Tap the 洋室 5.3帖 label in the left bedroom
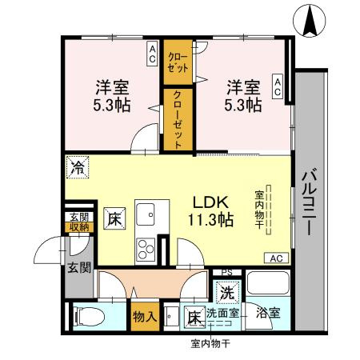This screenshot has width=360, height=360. click(x=114, y=95)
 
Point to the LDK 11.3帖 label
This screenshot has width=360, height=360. click(x=211, y=210)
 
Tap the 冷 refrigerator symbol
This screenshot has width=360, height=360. click(x=78, y=168)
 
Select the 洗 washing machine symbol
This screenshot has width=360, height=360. click(x=227, y=293)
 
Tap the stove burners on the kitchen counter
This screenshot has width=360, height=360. click(x=146, y=247)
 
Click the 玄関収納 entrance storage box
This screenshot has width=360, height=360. click(x=78, y=222)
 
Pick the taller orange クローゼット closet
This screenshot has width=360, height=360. click(x=174, y=120)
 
